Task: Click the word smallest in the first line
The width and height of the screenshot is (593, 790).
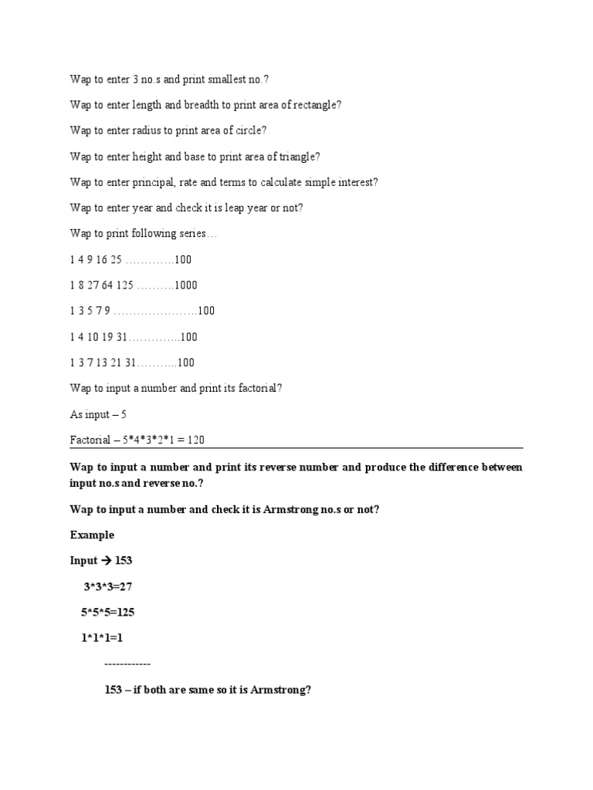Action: click(x=219, y=79)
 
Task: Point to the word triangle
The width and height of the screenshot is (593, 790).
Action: click(x=296, y=157)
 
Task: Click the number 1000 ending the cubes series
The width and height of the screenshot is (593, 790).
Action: click(x=186, y=285)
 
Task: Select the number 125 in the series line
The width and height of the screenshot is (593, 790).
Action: click(x=125, y=285)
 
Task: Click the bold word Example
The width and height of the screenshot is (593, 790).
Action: click(x=92, y=535)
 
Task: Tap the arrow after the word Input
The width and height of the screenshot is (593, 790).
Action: click(x=107, y=561)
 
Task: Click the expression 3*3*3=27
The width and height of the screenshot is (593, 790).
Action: click(x=114, y=586)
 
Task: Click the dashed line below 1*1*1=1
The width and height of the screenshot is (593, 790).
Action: click(x=127, y=664)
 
